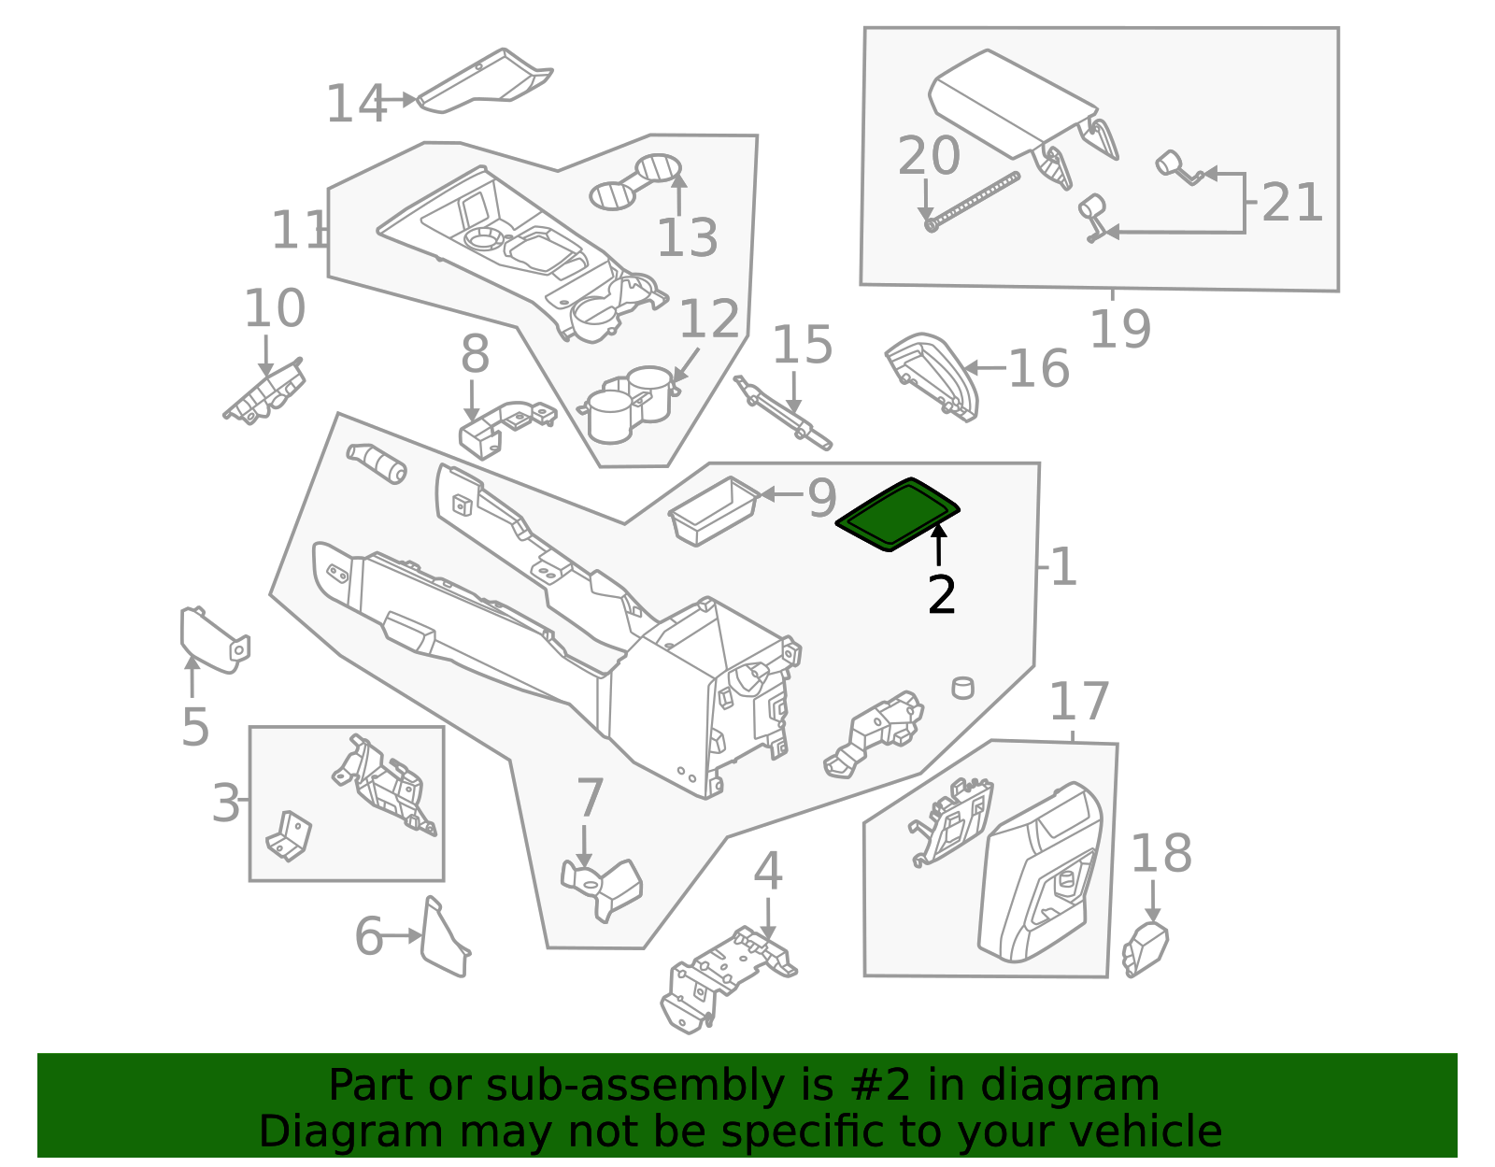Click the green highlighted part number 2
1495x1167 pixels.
[x=897, y=514]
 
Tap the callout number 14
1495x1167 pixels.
[x=355, y=104]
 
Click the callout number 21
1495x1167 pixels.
[x=1292, y=203]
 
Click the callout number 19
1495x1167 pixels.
[x=1119, y=329]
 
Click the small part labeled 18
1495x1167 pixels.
[x=1146, y=948]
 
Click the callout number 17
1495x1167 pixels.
[x=1079, y=703]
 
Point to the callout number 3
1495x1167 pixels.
[x=225, y=804]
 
